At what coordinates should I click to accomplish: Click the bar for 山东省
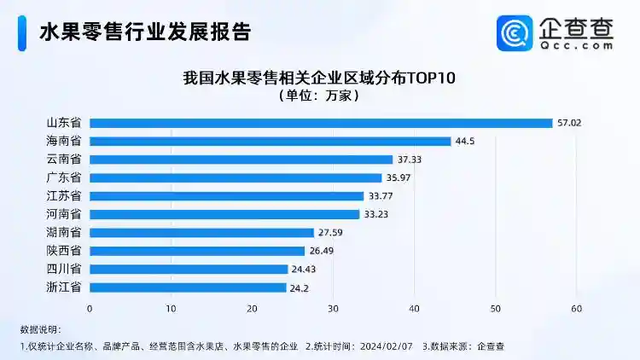tap(320, 123)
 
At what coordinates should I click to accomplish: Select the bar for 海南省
tap(270, 142)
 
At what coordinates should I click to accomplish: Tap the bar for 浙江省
tap(188, 287)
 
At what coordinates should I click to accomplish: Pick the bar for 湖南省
tap(201, 232)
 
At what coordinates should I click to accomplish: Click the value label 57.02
tap(569, 123)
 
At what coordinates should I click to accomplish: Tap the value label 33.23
tap(377, 214)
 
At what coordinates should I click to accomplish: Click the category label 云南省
tap(64, 160)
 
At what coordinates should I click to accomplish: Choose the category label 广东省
tap(64, 177)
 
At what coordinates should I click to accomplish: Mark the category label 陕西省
tap(64, 251)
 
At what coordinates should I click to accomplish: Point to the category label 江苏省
tap(64, 196)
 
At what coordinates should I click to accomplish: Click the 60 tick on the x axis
tap(577, 308)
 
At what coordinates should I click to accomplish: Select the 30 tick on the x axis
tap(333, 308)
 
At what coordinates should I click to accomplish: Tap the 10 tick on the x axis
tap(171, 308)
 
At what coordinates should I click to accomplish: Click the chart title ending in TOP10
tap(320, 78)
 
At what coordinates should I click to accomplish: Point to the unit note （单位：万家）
tap(320, 96)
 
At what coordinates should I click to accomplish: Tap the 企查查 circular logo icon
tap(515, 33)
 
